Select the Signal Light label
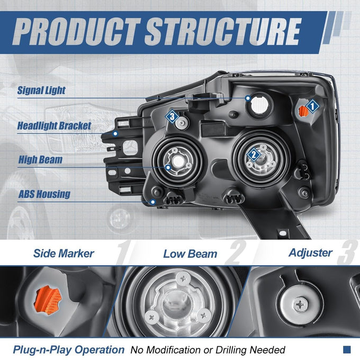tap(41, 90)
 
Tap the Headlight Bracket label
tap(54, 126)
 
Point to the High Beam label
tap(40, 159)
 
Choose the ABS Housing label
tap(44, 194)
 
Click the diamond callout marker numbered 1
tap(312, 106)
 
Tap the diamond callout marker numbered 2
tap(254, 155)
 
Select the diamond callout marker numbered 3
tap(172, 116)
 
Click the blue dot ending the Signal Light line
tap(248, 98)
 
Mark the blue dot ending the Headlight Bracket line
tap(115, 133)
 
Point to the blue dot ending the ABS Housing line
tap(152, 202)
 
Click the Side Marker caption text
tap(64, 254)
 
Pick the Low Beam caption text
tap(190, 254)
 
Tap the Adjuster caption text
tap(310, 253)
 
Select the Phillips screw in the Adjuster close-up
tap(300, 305)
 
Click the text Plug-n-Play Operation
tap(69, 350)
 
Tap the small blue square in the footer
tap(347, 349)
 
